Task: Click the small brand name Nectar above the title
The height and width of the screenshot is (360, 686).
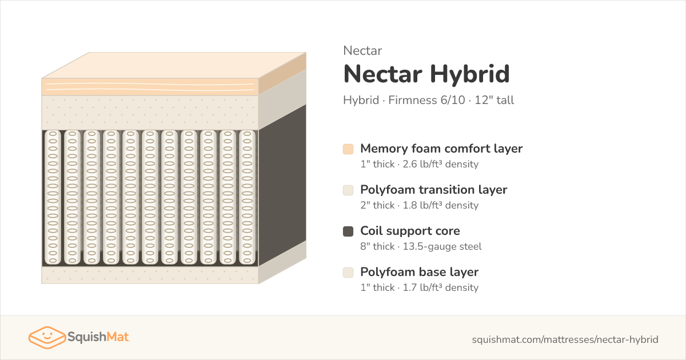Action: pos(362,51)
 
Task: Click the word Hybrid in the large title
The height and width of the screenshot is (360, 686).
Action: pos(470,74)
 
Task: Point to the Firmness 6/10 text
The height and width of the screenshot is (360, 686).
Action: pos(426,100)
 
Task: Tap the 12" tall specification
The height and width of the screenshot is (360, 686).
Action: pos(494,100)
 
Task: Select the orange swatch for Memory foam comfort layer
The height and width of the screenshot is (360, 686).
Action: pos(348,149)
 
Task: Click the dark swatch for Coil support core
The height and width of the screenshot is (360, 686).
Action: pos(348,231)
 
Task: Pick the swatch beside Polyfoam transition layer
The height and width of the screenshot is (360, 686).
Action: pos(348,190)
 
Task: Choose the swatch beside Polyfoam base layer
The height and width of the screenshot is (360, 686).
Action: pos(348,273)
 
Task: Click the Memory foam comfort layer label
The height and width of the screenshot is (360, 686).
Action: pos(441,149)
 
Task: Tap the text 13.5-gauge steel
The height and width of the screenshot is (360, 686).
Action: pos(442,246)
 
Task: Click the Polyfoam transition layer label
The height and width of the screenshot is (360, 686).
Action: pos(434,190)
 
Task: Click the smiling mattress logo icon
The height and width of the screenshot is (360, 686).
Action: pos(47,337)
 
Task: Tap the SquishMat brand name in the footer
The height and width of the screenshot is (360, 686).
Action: pos(98,337)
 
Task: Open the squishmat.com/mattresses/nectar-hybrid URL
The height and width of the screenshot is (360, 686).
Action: pos(565,339)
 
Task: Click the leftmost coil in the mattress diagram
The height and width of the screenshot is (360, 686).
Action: pos(53,198)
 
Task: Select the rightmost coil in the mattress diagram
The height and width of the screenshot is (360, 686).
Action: pos(247,198)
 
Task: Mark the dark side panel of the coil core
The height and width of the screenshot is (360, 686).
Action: pos(282,185)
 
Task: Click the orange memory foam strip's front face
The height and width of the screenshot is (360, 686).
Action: pos(150,87)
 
